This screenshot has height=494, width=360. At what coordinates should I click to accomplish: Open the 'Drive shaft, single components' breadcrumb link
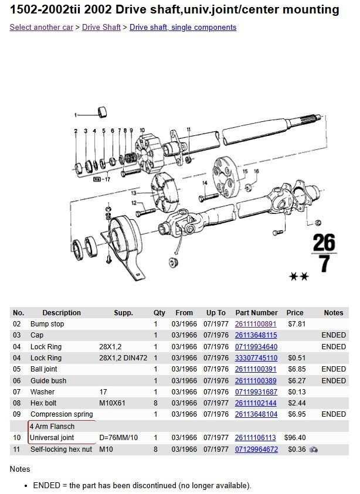click(x=183, y=28)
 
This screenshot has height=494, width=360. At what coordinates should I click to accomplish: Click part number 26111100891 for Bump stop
click(x=256, y=324)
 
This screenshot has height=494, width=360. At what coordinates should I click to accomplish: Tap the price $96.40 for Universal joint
click(x=295, y=438)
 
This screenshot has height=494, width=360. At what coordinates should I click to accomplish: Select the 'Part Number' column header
click(x=256, y=313)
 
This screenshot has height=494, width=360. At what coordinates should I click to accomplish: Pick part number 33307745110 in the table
click(x=256, y=358)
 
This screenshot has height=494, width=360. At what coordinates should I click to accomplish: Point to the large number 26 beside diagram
click(x=324, y=243)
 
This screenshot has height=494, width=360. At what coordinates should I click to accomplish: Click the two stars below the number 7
click(x=299, y=277)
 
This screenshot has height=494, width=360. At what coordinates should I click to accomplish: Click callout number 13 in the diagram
click(x=134, y=192)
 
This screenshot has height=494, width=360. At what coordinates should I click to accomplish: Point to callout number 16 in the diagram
click(x=256, y=171)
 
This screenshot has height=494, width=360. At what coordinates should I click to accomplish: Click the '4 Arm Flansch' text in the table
click(x=52, y=427)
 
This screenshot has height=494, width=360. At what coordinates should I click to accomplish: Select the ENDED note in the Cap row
click(x=334, y=335)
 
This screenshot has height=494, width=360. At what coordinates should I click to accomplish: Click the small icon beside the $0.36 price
click(x=314, y=449)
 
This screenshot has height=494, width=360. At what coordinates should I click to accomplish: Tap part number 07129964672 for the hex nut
click(x=256, y=449)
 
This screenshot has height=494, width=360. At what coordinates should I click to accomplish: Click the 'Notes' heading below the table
click(x=20, y=469)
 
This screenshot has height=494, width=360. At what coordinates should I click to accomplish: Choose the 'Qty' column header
click(x=159, y=313)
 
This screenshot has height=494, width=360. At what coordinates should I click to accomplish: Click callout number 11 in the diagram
click(x=189, y=129)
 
